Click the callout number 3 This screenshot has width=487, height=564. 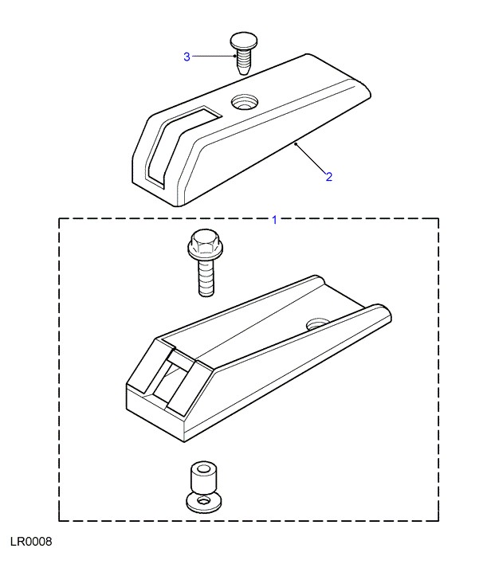pyautogui.click(x=187, y=57)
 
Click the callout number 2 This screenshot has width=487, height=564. pyautogui.click(x=328, y=177)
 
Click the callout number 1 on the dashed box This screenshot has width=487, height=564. pyautogui.click(x=275, y=220)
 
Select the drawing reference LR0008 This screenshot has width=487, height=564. pyautogui.click(x=31, y=542)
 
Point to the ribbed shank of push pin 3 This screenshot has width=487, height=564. pyautogui.click(x=244, y=61)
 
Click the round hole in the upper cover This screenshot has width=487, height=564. pyautogui.click(x=244, y=102)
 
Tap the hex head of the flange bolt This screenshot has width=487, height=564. pyautogui.click(x=202, y=241)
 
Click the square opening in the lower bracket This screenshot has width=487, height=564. pyautogui.click(x=171, y=378)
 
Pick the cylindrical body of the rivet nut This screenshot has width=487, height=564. pyautogui.click(x=202, y=479)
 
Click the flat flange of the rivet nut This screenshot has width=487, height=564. pyautogui.click(x=204, y=502)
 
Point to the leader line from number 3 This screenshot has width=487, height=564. pyautogui.click(x=213, y=56)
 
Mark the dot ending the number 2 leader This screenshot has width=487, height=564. pyautogui.click(x=296, y=143)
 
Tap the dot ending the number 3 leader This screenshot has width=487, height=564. pyautogui.click(x=234, y=56)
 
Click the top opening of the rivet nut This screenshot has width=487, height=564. pyautogui.click(x=203, y=468)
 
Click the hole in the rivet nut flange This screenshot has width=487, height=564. pyautogui.click(x=204, y=501)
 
